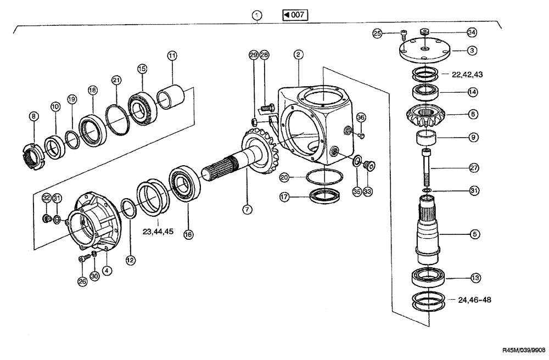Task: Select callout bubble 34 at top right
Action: click(472, 32)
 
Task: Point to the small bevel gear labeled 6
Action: click(426, 116)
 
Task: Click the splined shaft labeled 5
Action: click(428, 230)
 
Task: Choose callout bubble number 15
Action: click(142, 69)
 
